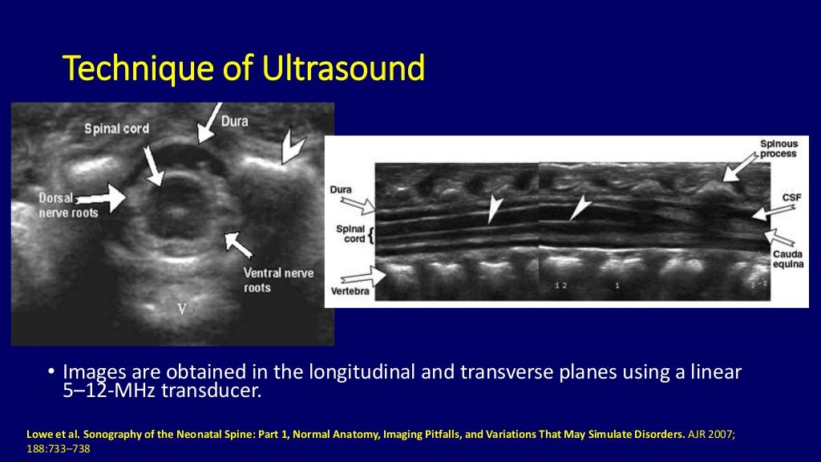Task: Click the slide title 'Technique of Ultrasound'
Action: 244,70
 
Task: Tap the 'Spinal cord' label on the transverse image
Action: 116,128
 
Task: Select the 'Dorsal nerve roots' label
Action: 67,205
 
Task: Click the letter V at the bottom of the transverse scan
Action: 181,309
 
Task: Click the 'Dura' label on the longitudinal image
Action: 340,190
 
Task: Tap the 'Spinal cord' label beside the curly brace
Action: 349,233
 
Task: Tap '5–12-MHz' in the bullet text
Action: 99,391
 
